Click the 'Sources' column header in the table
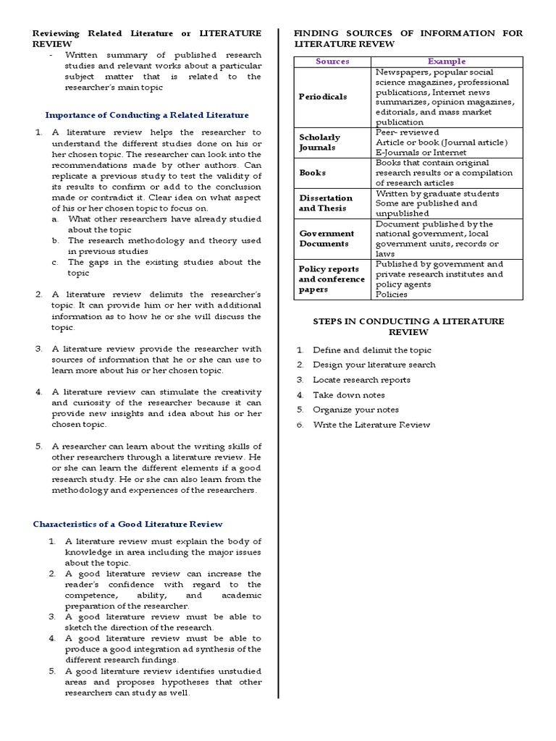point(332,62)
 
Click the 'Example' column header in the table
point(447,62)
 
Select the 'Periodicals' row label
point(323,97)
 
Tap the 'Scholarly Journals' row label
point(319,142)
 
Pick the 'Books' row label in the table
point(312,173)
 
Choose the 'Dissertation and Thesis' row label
point(326,203)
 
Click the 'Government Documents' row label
point(327,239)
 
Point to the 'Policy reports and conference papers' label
point(332,279)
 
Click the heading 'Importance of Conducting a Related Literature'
point(147,114)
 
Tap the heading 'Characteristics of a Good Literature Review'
point(128,524)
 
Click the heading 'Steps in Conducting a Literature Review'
point(408,326)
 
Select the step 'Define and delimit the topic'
point(371,350)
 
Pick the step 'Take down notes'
point(348,395)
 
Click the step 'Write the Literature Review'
point(371,425)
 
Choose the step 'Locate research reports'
point(361,380)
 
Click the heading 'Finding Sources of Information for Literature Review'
point(408,38)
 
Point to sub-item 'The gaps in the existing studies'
point(164,268)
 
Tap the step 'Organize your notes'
point(355,410)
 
